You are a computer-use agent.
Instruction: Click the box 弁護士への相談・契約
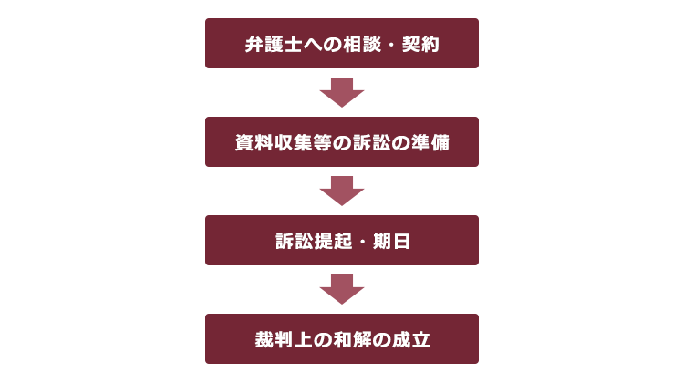(342, 43)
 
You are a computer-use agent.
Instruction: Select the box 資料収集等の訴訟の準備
(342, 141)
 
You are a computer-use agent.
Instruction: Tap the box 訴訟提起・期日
(342, 241)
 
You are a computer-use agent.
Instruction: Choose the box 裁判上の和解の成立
(342, 338)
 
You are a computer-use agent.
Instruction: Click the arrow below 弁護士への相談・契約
(342, 92)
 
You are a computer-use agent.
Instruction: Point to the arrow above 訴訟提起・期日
(342, 191)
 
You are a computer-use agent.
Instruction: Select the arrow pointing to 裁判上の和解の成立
(342, 290)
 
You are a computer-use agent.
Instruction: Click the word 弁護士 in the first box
(274, 44)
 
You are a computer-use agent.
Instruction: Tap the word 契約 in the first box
(420, 44)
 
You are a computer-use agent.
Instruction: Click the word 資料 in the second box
(254, 142)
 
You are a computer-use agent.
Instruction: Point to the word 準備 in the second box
(430, 142)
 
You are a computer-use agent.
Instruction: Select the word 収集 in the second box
(293, 142)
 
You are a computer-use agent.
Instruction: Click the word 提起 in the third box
(333, 242)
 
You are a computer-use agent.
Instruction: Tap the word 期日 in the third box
(392, 242)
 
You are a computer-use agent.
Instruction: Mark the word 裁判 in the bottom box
(274, 340)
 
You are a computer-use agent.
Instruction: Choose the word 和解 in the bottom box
(352, 340)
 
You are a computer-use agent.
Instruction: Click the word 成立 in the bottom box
(411, 340)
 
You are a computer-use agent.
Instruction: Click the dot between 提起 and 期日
(362, 242)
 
